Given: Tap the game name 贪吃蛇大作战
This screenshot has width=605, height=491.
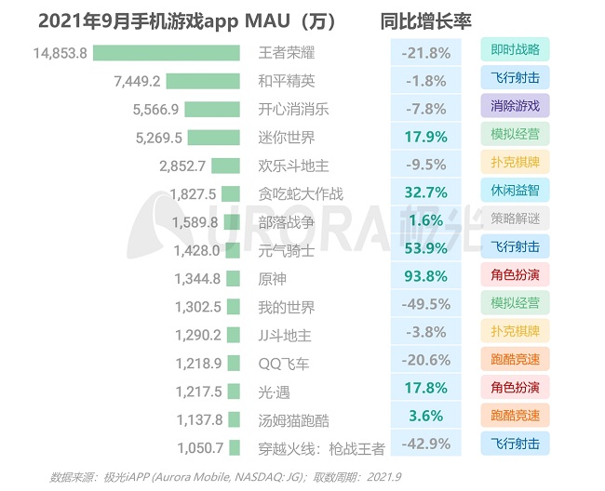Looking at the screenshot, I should [301, 194].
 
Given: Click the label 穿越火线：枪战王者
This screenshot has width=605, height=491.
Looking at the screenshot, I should [321, 448].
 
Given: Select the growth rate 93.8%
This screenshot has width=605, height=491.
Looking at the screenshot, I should [425, 278].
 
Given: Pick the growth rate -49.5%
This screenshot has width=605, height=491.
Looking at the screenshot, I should [425, 307].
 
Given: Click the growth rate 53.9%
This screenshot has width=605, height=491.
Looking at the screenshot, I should [425, 250].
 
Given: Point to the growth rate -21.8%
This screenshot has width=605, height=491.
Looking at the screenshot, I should [425, 53].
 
